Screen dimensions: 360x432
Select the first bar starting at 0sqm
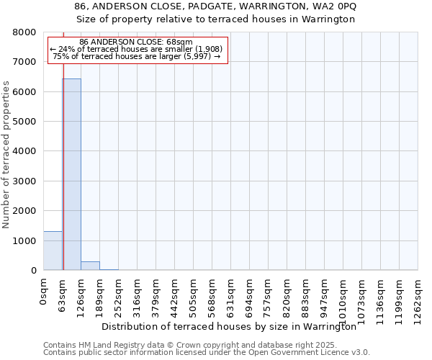[x=53, y=251]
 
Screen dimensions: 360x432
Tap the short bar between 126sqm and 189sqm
[x=90, y=266]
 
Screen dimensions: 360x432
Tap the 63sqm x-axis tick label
[x=63, y=293]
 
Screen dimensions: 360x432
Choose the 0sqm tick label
[x=44, y=291]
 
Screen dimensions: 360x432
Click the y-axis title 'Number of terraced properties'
[x=6, y=154]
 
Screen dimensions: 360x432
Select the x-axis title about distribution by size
[x=230, y=327]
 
